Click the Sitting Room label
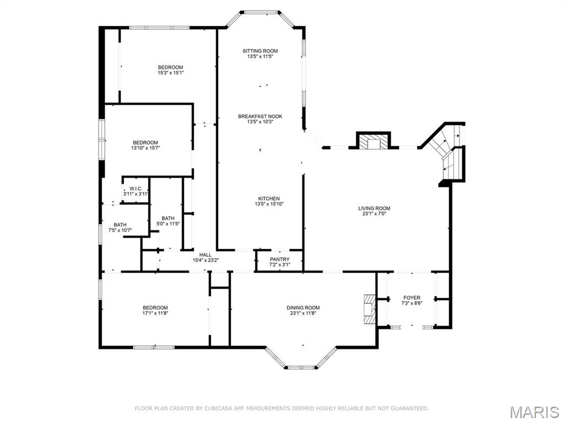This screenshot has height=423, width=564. (x=260, y=51)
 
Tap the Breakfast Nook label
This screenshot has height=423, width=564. (x=260, y=116)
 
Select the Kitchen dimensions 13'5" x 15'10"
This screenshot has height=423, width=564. (x=269, y=204)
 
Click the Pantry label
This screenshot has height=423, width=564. (x=279, y=259)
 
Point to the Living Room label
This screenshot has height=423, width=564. (x=374, y=208)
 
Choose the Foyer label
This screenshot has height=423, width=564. (x=411, y=298)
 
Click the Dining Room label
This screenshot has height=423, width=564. (x=303, y=308)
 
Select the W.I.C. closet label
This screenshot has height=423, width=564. (x=136, y=188)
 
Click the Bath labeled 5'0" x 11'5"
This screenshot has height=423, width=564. (x=168, y=218)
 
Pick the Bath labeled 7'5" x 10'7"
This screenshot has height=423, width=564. (x=120, y=225)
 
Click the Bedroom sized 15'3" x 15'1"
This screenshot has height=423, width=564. (x=170, y=67)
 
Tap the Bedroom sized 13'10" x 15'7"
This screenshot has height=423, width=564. (x=145, y=143)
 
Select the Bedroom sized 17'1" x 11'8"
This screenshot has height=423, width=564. (x=155, y=308)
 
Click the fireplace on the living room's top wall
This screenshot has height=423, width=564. (x=374, y=142)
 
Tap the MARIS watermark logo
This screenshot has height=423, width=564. (x=534, y=411)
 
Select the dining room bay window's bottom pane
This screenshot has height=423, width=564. (x=301, y=367)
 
